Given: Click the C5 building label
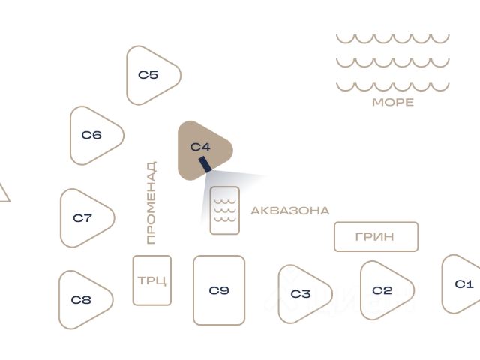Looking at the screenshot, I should click(x=148, y=75).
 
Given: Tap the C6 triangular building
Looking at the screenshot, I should click(x=93, y=136).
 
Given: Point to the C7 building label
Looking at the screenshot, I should click(x=82, y=218).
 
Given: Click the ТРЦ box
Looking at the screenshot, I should click(x=152, y=280).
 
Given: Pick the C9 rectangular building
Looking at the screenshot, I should click(x=219, y=290).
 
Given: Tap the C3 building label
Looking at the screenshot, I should click(x=300, y=294).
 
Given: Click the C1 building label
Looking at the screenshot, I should click(x=464, y=284).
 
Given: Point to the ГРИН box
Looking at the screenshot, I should click(x=375, y=237).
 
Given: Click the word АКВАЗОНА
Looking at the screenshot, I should click(x=289, y=211).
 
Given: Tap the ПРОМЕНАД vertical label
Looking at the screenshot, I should click(x=151, y=202).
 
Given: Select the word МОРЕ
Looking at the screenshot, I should click(x=392, y=102).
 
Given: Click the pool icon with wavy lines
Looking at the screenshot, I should click(x=224, y=210).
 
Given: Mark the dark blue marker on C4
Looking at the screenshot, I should click(x=204, y=164).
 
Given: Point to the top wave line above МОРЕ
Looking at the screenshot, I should click(x=392, y=38).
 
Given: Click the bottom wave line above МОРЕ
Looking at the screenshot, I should click(x=392, y=85).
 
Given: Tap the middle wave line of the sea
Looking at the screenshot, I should click(x=392, y=62).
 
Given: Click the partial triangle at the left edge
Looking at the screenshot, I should click(x=3, y=194).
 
